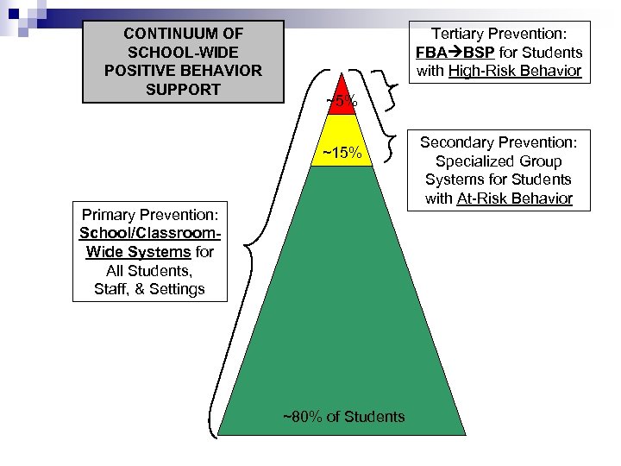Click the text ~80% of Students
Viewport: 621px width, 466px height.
pyautogui.click(x=343, y=417)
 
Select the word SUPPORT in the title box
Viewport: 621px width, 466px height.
pyautogui.click(x=184, y=90)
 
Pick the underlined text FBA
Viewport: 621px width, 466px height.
pyautogui.click(x=433, y=53)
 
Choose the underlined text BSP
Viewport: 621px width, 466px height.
pyautogui.click(x=479, y=53)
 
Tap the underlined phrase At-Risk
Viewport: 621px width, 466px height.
pyautogui.click(x=479, y=198)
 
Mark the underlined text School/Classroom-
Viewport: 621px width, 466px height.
pyautogui.click(x=149, y=232)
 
